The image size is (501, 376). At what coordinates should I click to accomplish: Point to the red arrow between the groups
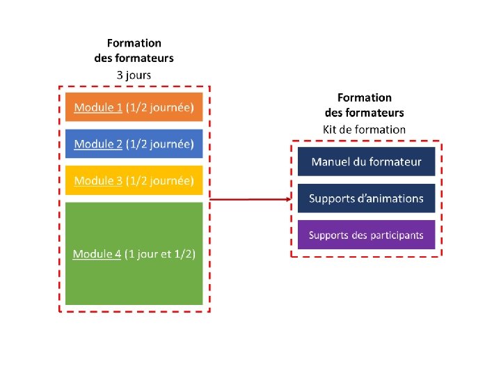click(x=250, y=199)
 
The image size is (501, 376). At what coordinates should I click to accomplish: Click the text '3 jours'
click(x=134, y=74)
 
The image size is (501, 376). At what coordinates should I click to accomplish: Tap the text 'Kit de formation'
click(x=364, y=129)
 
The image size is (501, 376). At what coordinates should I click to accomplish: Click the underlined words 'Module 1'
click(x=98, y=108)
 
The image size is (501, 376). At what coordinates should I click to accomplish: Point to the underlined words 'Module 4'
click(x=97, y=254)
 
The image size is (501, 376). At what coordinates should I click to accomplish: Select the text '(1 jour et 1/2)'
click(x=160, y=254)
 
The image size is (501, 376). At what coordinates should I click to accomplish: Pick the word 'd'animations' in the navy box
click(x=392, y=198)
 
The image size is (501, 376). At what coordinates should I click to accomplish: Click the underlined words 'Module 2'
click(x=98, y=144)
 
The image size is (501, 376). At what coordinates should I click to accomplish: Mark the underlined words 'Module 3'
click(x=98, y=181)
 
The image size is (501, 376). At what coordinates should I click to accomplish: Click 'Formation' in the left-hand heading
click(x=134, y=43)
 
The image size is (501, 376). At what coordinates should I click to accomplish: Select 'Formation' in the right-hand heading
click(x=364, y=97)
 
